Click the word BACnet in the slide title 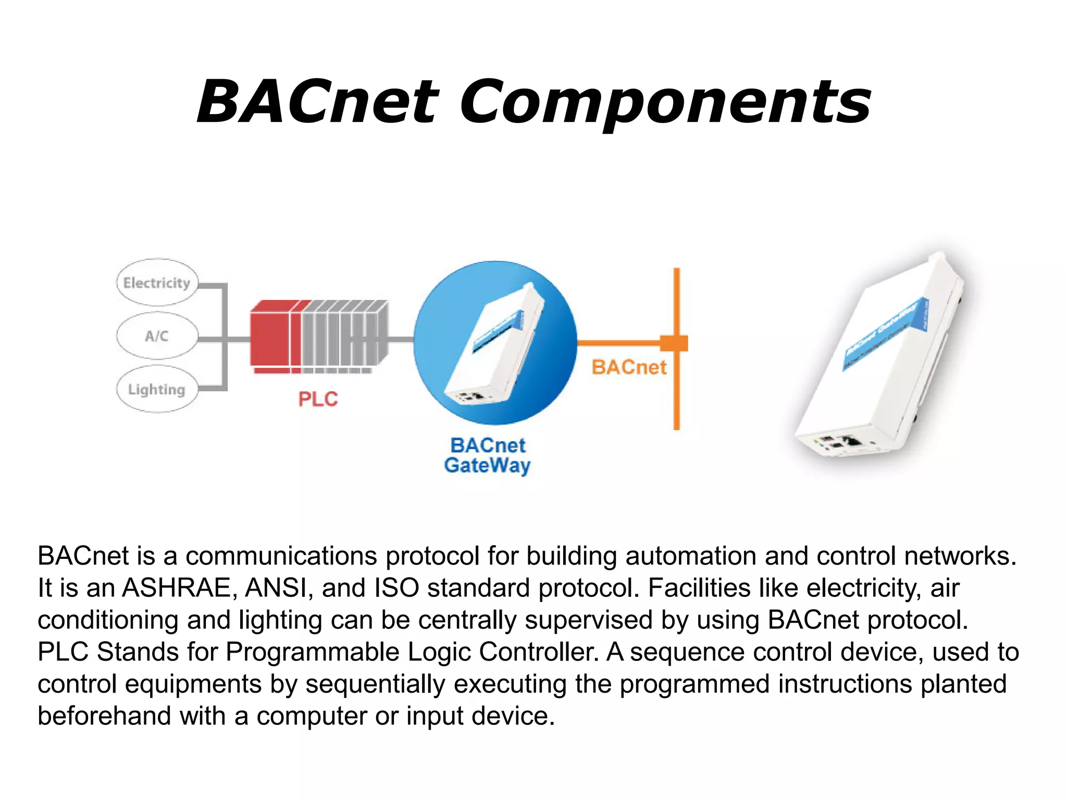[318, 103]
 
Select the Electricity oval [157, 283]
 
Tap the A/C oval [157, 336]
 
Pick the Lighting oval [157, 390]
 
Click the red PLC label [318, 399]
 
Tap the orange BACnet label [629, 368]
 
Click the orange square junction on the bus [675, 343]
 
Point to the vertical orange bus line [677, 396]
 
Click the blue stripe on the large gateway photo [886, 333]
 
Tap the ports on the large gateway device [841, 443]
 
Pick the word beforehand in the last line [104, 716]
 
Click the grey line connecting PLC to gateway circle [401, 340]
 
